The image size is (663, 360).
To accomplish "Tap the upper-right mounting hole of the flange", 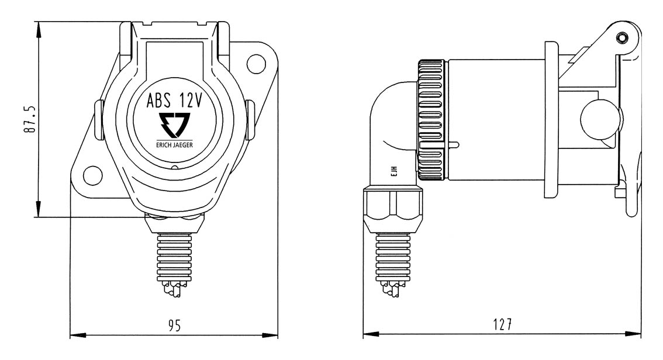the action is (x=255, y=61).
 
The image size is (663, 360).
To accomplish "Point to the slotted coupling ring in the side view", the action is (x=432, y=120).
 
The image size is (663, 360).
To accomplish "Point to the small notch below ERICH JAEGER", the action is (x=175, y=168).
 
